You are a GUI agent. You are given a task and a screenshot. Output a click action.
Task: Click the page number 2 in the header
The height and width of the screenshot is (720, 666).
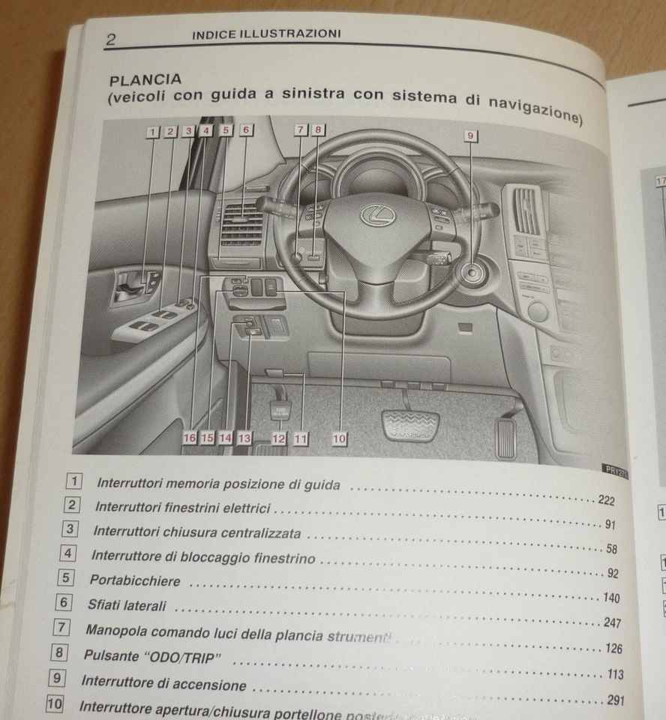[111, 40]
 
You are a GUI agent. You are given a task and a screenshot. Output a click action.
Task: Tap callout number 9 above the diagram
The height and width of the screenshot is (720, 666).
[471, 136]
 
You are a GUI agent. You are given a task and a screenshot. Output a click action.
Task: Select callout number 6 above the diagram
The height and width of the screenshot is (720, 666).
[245, 130]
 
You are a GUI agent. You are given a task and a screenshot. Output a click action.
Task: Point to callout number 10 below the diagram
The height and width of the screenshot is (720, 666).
[339, 439]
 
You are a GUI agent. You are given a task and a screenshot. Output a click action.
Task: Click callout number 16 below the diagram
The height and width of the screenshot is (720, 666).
[190, 437]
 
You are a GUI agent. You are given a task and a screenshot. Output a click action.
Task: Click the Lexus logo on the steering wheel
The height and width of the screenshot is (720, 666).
[373, 216]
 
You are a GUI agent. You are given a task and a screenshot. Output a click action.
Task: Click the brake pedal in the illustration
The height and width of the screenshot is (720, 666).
[410, 425]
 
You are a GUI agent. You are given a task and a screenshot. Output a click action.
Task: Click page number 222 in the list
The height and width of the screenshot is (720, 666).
[606, 501]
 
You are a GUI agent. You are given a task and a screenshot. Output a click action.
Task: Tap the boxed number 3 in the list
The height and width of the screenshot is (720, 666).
[70, 529]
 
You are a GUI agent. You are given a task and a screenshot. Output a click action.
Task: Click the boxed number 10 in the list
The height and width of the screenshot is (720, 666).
[54, 704]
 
